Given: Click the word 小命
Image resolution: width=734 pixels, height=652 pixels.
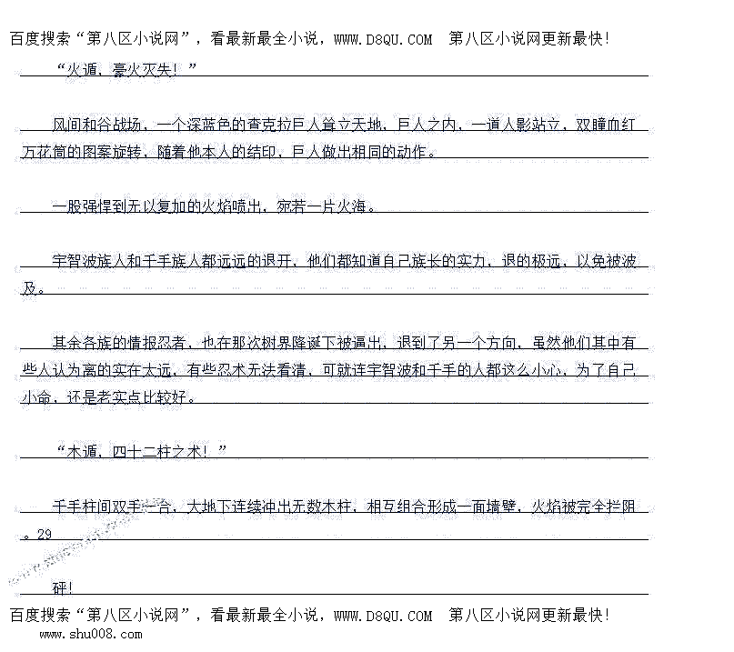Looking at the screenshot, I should coord(37,397).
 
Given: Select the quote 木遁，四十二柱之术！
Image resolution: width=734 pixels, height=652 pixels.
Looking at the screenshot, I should coord(140,452).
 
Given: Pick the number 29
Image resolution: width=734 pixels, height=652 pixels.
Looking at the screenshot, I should coord(45,535).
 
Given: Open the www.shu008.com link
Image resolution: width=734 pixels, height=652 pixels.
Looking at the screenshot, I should coord(90,634).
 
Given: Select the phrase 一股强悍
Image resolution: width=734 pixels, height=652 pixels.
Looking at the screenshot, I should coord(83,206).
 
